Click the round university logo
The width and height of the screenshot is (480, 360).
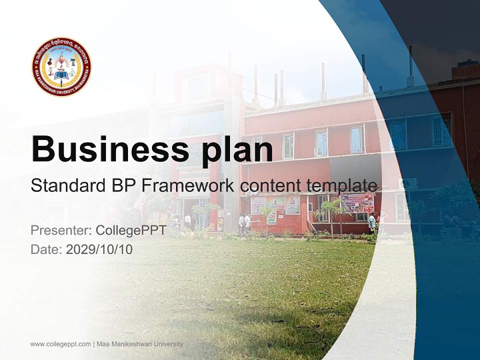[61, 66]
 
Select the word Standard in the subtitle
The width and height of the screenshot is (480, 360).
[68, 185]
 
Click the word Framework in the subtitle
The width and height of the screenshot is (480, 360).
[187, 185]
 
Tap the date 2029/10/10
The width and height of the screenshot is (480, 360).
[99, 249]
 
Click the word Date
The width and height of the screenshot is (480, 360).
[45, 249]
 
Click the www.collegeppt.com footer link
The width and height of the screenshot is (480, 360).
[60, 344]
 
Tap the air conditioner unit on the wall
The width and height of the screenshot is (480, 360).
[409, 184]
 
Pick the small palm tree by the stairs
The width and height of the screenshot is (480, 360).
[330, 212]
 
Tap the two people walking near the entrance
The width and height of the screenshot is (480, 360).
[244, 224]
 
